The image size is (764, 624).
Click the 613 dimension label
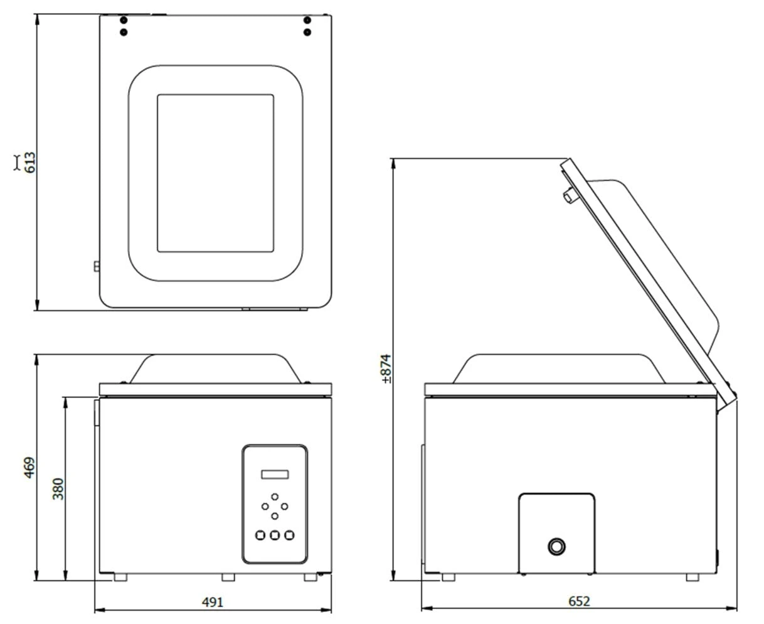(x=30, y=162)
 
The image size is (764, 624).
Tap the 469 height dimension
(x=30, y=468)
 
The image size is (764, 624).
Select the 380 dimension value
(x=58, y=488)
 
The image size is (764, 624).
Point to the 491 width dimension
(x=212, y=602)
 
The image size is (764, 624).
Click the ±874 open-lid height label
(x=386, y=368)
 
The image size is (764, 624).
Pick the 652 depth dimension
(x=579, y=601)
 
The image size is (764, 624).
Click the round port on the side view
(x=556, y=546)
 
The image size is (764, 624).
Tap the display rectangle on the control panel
(x=275, y=475)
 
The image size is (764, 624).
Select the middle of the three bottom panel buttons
(x=275, y=535)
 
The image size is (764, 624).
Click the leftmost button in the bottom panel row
(x=260, y=535)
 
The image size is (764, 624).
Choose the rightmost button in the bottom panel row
(x=289, y=535)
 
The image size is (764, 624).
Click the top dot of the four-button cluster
(x=275, y=497)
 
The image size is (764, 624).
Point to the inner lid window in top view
(x=215, y=173)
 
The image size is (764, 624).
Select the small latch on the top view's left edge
(x=97, y=266)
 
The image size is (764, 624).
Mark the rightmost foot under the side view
(x=691, y=576)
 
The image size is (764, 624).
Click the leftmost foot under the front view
(x=120, y=576)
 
